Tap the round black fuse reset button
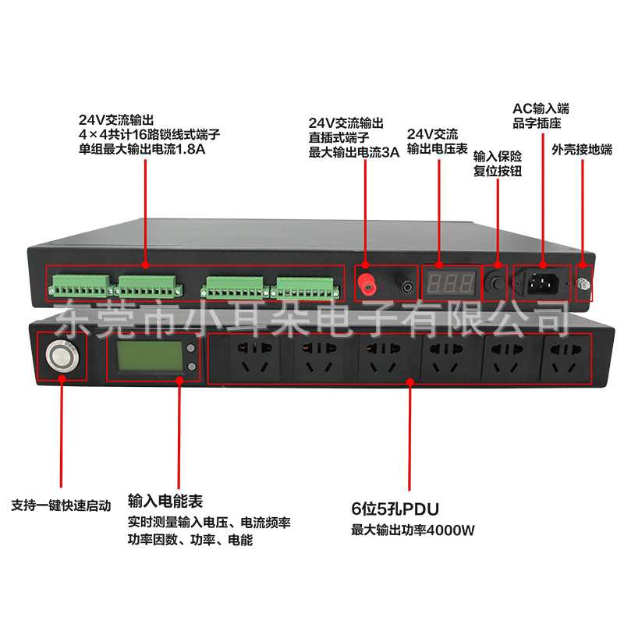tap(494, 283)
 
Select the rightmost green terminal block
tap(307, 289)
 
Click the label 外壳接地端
tap(581, 150)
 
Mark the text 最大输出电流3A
tap(354, 153)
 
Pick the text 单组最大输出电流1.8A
tap(142, 149)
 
